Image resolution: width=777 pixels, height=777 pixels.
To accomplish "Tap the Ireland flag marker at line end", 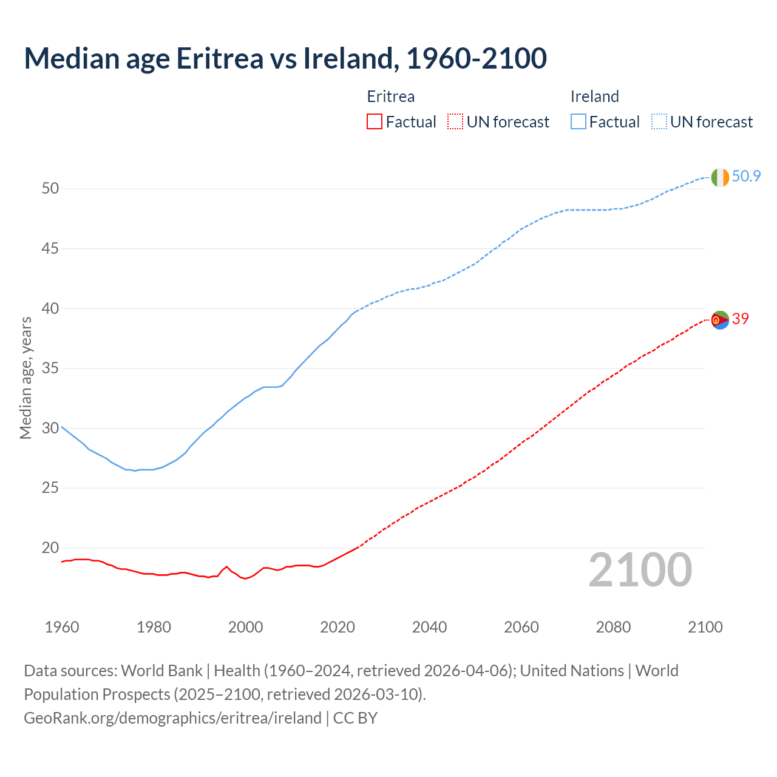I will [x=720, y=177].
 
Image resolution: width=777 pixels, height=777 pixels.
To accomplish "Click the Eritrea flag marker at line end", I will [x=720, y=319].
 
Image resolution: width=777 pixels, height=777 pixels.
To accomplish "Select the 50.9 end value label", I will [x=746, y=177].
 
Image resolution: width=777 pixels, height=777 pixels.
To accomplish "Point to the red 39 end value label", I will [x=741, y=319].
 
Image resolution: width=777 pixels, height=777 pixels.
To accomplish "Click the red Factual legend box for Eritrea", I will [x=375, y=122].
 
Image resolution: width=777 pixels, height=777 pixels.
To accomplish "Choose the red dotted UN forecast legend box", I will [x=455, y=122].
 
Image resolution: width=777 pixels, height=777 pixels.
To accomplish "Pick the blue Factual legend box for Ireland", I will [x=579, y=122].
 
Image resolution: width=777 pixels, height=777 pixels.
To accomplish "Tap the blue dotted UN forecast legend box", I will [x=659, y=122].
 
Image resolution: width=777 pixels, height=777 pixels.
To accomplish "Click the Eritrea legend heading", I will [x=391, y=97].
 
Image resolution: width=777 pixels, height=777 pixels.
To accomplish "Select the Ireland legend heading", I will [x=594, y=97].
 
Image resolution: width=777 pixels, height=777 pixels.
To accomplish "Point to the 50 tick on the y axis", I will [x=50, y=189].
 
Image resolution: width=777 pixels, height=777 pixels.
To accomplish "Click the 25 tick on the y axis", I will [x=50, y=488].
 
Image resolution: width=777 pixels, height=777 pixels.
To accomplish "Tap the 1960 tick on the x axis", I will [x=62, y=627].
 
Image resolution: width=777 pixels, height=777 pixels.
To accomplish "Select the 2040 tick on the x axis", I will [x=429, y=627].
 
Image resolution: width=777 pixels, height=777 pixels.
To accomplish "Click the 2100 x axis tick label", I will [x=705, y=627].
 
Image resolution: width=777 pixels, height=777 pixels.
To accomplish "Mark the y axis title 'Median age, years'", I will [x=25, y=377].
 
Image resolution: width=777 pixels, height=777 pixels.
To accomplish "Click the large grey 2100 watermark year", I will [x=640, y=570].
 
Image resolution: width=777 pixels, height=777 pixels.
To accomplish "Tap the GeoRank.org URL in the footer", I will [x=172, y=718].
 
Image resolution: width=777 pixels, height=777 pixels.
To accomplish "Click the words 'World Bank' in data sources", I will [x=161, y=671].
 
